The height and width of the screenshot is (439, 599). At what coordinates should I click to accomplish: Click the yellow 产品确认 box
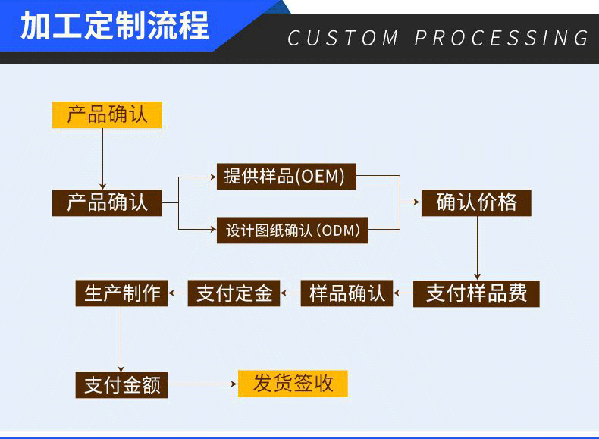[107, 115]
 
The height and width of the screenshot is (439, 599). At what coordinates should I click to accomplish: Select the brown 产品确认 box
[107, 203]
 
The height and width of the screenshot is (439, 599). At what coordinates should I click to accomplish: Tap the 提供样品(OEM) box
[286, 177]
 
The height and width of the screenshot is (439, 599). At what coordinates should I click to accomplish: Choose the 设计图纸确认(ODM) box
[292, 230]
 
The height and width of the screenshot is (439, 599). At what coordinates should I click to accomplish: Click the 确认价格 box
[476, 203]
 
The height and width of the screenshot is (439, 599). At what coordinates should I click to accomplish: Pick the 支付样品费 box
[476, 294]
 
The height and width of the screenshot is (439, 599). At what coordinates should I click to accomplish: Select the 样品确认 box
[347, 293]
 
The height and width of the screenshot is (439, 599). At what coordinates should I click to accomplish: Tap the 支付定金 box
[234, 293]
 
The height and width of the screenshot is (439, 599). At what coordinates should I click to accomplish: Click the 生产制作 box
[121, 293]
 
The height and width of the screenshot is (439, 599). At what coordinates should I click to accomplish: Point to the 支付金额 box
[121, 384]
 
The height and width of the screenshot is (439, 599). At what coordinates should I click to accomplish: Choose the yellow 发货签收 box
[293, 383]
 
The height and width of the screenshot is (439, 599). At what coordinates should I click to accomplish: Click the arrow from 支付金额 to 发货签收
[202, 384]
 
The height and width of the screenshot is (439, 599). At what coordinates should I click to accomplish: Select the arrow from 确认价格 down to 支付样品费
[477, 249]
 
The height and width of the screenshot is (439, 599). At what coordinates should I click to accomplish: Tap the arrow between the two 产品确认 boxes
[103, 159]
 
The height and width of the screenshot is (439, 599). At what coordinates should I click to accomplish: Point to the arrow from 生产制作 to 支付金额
[121, 339]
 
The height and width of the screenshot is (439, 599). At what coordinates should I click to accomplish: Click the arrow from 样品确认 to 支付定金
[290, 293]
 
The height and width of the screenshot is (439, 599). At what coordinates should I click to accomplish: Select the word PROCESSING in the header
[501, 38]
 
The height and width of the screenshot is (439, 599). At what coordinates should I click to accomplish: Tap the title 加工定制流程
[114, 26]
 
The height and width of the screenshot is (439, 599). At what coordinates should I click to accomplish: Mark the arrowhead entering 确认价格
[417, 202]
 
